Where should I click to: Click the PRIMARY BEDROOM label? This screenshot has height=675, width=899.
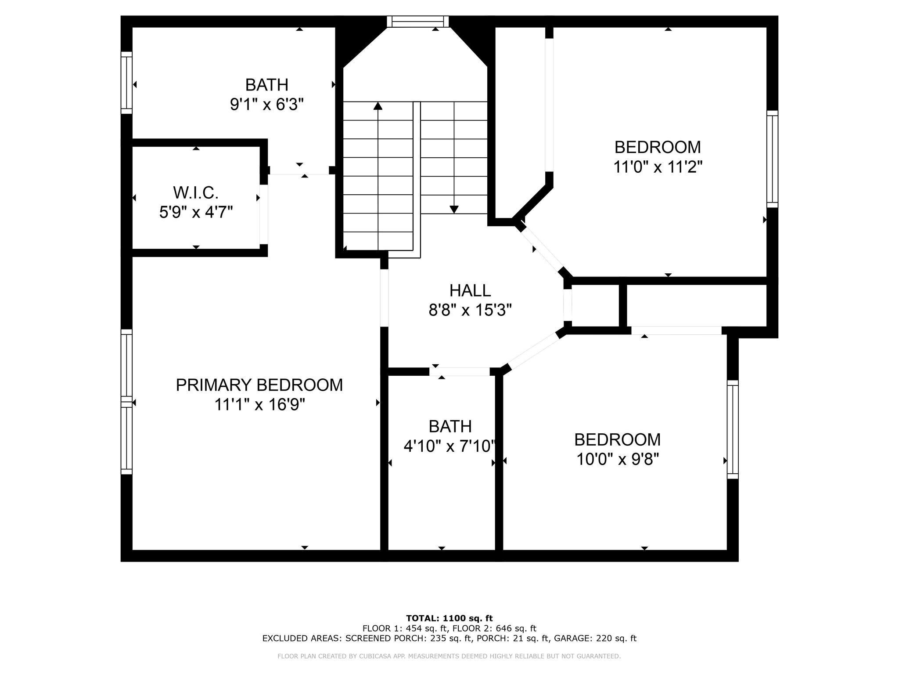pyautogui.click(x=259, y=385)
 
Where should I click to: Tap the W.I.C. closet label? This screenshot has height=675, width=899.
pyautogui.click(x=196, y=192)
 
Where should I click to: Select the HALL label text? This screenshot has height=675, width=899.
pyautogui.click(x=470, y=290)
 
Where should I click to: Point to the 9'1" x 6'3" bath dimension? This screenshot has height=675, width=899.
pyautogui.click(x=267, y=105)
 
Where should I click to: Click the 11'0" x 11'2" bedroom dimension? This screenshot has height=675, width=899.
pyautogui.click(x=658, y=167)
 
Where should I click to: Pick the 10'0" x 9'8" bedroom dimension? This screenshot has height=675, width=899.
pyautogui.click(x=618, y=460)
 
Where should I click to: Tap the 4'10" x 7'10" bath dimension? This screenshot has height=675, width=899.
pyautogui.click(x=450, y=446)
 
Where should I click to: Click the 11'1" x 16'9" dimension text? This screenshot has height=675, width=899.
pyautogui.click(x=259, y=405)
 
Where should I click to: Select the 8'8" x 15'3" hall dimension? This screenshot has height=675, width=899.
pyautogui.click(x=470, y=311)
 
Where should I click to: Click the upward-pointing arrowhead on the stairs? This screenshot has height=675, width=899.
pyautogui.click(x=378, y=106)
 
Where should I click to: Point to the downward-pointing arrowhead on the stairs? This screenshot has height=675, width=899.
pyautogui.click(x=454, y=209)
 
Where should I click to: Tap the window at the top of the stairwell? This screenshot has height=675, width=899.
pyautogui.click(x=418, y=22)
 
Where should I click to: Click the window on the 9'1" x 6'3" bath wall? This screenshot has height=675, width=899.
pyautogui.click(x=126, y=83)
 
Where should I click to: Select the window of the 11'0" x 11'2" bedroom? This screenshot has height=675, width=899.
pyautogui.click(x=772, y=159)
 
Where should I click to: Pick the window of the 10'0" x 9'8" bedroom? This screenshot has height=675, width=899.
pyautogui.click(x=733, y=429)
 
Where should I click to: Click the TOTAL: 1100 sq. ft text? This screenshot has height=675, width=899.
pyautogui.click(x=449, y=618)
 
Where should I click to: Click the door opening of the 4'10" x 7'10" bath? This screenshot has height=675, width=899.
pyautogui.click(x=460, y=371)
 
